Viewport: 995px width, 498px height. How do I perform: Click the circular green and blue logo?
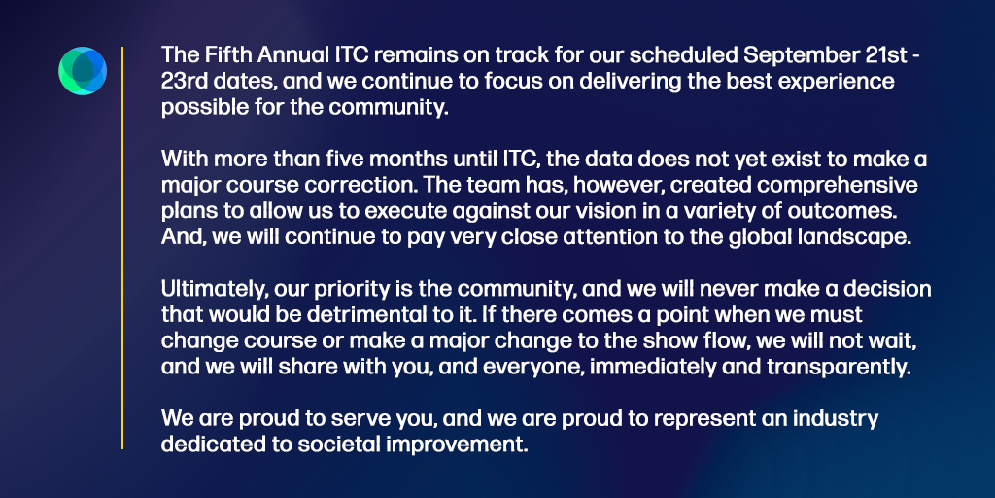(x=82, y=70)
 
